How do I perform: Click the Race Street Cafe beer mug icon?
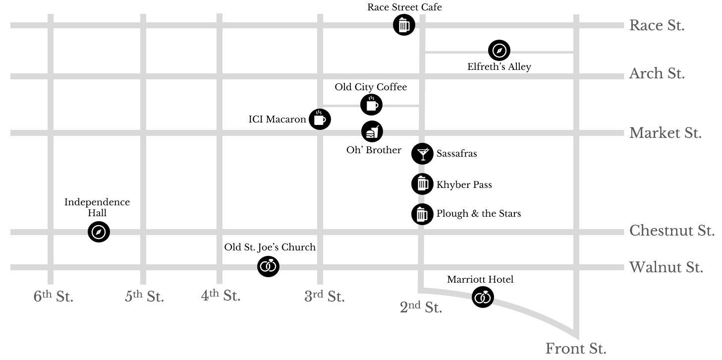tap(404, 24)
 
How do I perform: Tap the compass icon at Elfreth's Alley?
tap(499, 50)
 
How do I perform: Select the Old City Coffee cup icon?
tap(371, 105)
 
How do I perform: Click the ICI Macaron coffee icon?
tap(320, 120)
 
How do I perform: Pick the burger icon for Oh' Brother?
tap(372, 131)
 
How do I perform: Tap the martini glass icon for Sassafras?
tap(422, 154)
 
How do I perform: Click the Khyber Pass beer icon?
tap(422, 184)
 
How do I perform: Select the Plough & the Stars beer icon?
tap(422, 214)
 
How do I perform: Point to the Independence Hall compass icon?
tap(99, 232)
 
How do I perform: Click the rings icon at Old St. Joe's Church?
tap(268, 266)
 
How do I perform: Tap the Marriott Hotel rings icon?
tap(483, 297)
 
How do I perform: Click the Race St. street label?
tap(657, 25)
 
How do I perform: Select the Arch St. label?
tap(657, 73)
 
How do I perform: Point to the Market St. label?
tap(666, 133)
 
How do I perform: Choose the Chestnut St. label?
tap(672, 231)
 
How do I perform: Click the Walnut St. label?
tap(666, 267)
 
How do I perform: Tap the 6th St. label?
tap(54, 296)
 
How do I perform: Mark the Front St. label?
tap(576, 349)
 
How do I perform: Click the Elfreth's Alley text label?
tap(500, 66)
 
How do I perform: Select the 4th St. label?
tap(221, 295)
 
